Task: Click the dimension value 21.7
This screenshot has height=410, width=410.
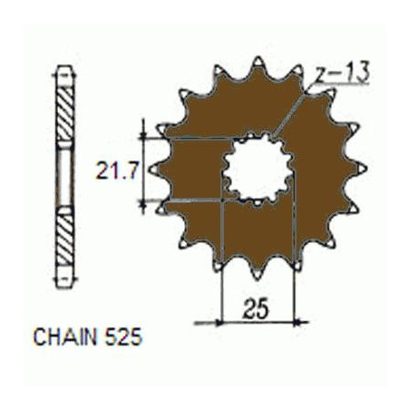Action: [117, 171]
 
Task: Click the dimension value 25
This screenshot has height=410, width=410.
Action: [257, 308]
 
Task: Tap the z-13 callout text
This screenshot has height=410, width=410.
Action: [342, 73]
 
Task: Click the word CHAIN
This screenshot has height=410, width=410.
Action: [65, 337]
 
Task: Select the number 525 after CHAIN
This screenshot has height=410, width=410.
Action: [123, 337]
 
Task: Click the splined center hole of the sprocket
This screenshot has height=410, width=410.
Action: [258, 170]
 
